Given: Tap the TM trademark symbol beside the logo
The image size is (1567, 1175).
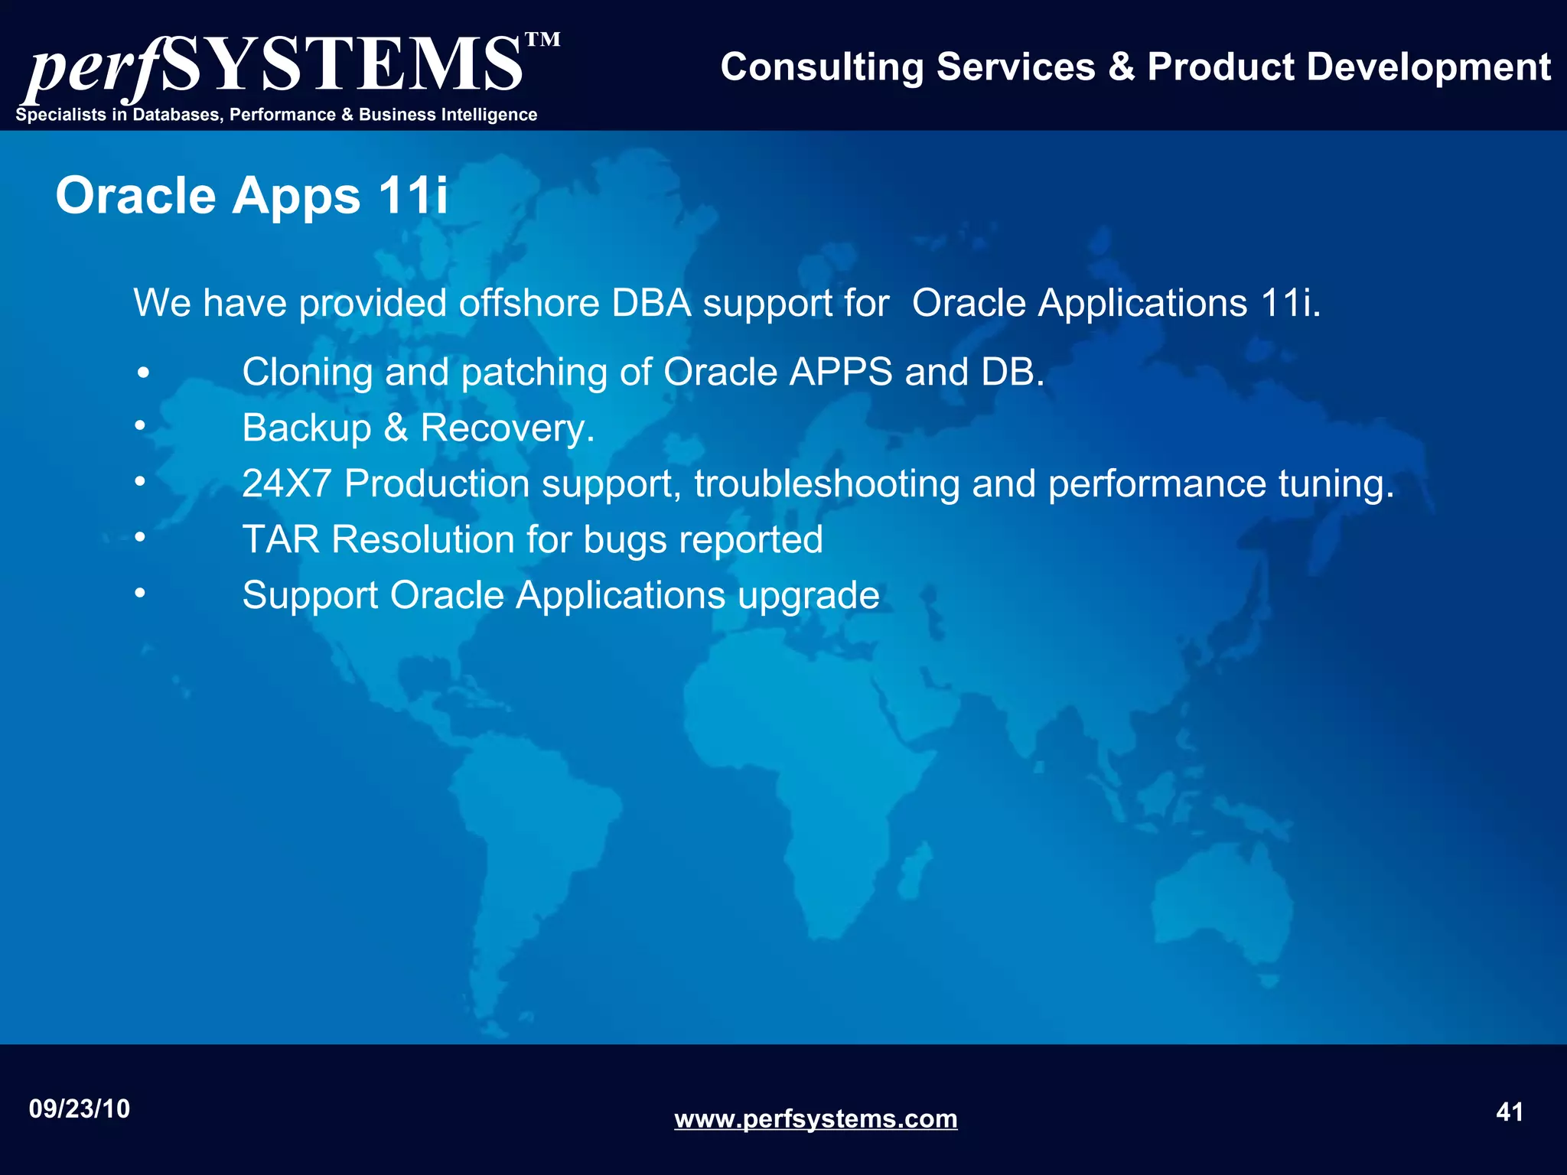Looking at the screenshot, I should point(542,40).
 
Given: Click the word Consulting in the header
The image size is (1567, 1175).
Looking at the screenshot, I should point(822,67).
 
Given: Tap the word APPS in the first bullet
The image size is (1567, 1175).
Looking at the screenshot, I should point(841,373).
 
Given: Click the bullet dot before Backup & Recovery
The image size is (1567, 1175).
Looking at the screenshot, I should point(140,425).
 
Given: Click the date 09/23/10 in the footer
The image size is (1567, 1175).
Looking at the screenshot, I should point(80,1108).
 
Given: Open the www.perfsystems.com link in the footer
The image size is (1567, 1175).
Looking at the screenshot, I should point(816,1119).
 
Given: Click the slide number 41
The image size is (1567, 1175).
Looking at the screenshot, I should point(1509,1112).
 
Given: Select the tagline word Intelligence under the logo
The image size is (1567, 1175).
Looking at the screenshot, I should point(486,115).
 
